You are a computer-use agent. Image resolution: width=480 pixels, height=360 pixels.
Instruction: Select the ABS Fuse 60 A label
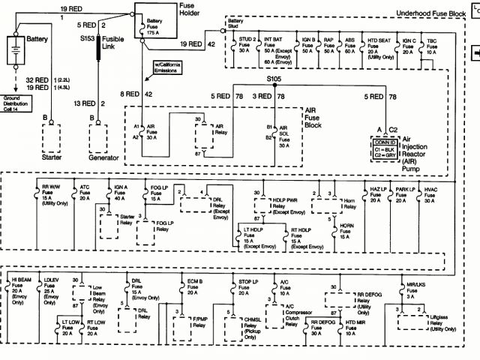click(349, 45)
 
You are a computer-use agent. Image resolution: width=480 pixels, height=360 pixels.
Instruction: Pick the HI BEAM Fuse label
click(20, 288)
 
